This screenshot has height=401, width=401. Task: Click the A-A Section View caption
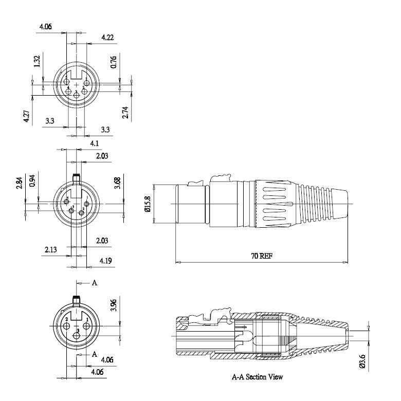pos(257,377)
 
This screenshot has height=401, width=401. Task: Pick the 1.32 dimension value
pos(37,62)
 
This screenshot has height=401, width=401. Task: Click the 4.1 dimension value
pos(95,142)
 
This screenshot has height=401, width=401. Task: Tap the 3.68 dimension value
pos(118,183)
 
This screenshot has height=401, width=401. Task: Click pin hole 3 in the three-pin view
pos(77,337)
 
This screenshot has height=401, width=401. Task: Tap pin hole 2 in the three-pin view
pos(67,325)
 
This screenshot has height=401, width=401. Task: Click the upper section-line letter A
pos(94,283)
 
